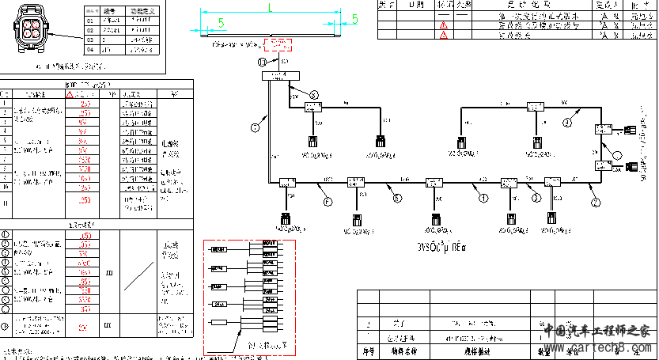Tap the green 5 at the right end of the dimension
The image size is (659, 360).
355,20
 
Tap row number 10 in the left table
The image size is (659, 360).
6,187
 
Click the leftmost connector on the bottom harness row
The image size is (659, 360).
285,219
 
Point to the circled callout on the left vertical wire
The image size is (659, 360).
256,126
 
